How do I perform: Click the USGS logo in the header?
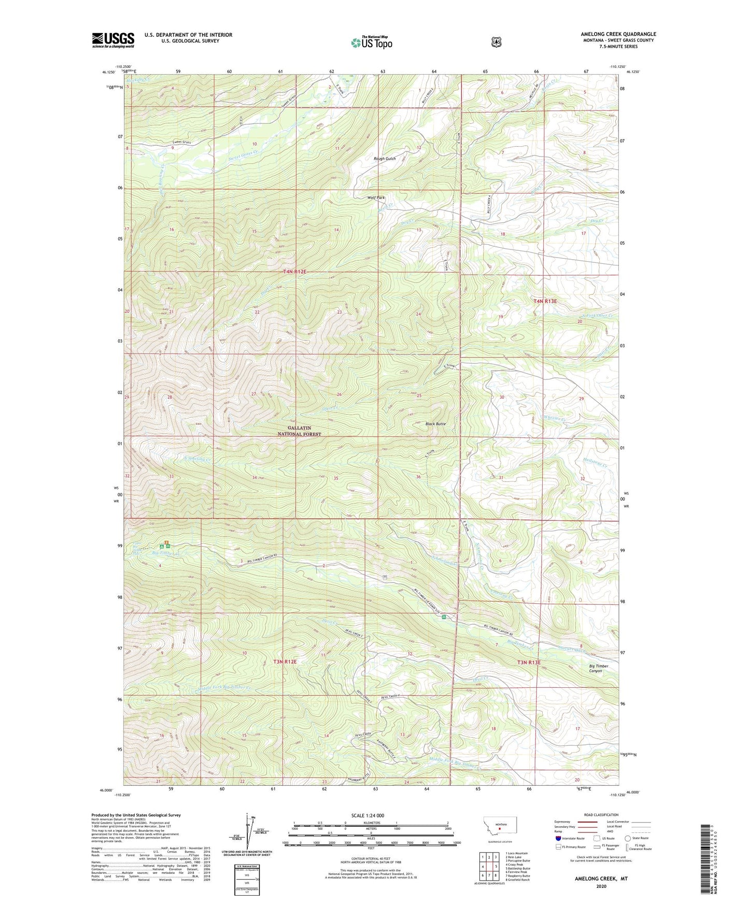tap(113, 40)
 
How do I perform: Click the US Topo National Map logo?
tap(371, 43)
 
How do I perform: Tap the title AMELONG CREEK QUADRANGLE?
tap(618, 34)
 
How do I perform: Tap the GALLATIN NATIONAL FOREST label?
tap(299, 431)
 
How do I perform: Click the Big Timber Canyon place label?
tap(599, 668)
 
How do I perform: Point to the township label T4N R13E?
tap(545, 301)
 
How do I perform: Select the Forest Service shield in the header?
tap(496, 41)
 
